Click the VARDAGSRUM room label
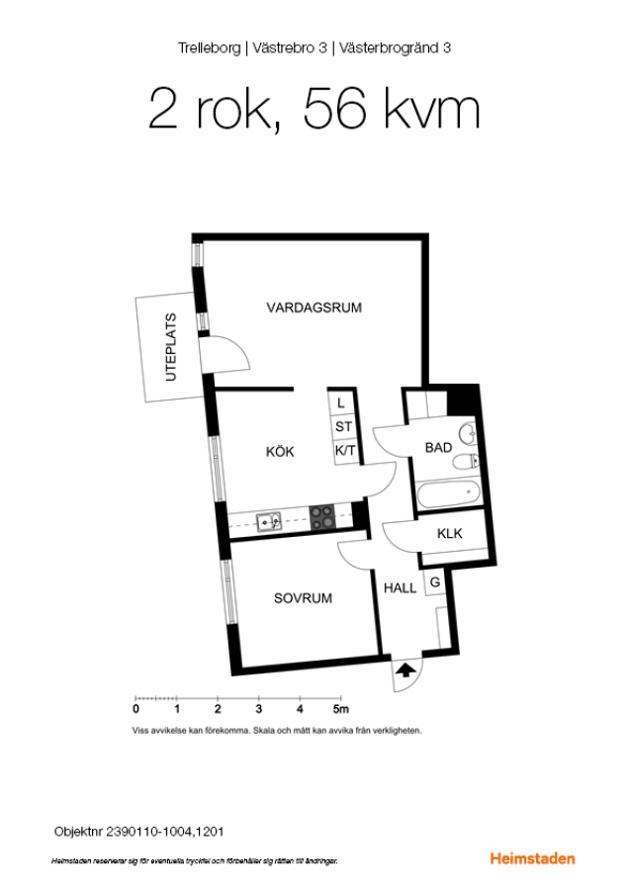tap(314, 308)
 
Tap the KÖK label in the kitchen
tap(280, 451)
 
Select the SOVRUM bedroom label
tap(303, 598)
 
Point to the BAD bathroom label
tap(438, 448)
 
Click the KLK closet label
tap(450, 534)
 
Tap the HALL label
tap(401, 588)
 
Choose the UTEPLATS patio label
tap(171, 347)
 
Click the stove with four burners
tap(322, 517)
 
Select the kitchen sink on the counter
tap(269, 521)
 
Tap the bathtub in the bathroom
tap(449, 493)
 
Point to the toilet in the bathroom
tap(466, 462)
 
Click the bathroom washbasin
tap(469, 434)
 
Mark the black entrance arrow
tap(404, 670)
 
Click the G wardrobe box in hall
tap(435, 581)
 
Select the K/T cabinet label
tap(345, 451)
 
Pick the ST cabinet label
tap(343, 427)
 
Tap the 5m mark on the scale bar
tap(340, 709)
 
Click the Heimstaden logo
tap(532, 858)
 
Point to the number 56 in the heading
tap(334, 109)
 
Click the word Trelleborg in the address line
tap(209, 48)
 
